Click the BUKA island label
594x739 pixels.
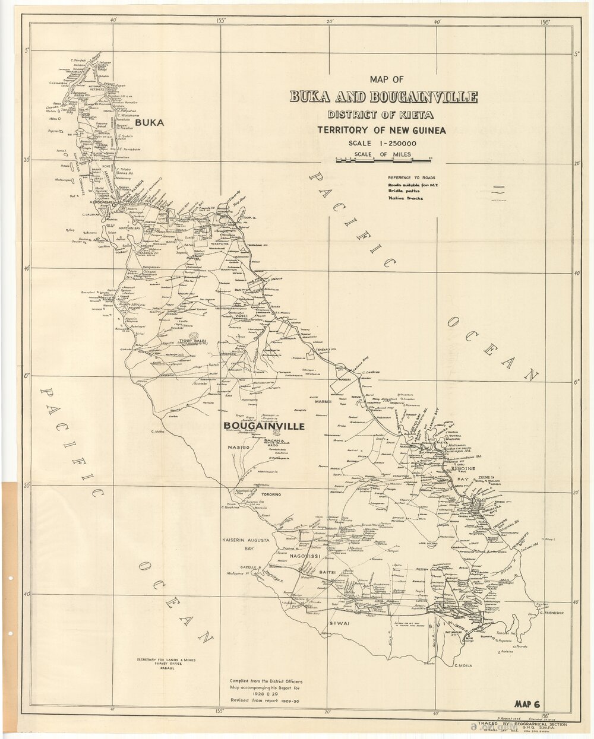click(149, 123)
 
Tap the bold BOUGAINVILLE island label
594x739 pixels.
click(264, 426)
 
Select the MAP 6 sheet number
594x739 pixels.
click(526, 705)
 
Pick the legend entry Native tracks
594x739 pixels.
click(406, 199)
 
